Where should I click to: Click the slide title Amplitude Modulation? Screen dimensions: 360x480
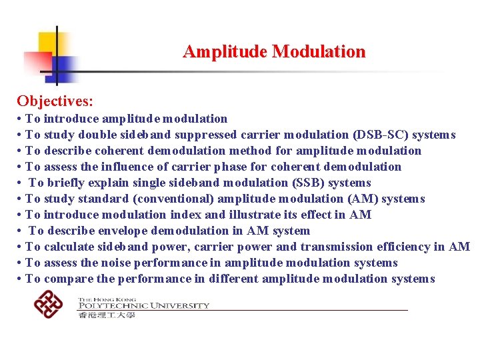[274, 51]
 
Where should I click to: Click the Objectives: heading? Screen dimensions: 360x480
[55, 101]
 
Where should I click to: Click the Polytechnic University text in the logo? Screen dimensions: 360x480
[143, 306]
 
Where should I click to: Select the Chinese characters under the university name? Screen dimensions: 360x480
[107, 315]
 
